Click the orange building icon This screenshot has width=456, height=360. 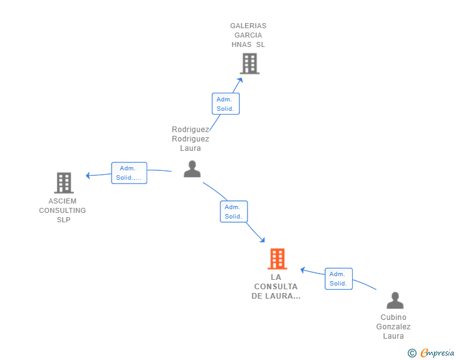[277, 259]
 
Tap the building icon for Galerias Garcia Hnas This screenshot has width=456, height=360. [250, 63]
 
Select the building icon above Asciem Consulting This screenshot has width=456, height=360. [64, 183]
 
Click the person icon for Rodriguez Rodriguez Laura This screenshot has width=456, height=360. [192, 169]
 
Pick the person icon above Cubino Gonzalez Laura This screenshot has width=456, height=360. [395, 301]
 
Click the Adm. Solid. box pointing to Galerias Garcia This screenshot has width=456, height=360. [225, 104]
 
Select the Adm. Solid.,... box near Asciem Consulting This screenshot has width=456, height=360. [129, 173]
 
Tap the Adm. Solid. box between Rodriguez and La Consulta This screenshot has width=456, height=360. [234, 212]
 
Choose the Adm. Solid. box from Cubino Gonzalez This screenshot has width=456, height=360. [338, 279]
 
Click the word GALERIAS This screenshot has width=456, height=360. [248, 26]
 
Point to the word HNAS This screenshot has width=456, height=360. [241, 44]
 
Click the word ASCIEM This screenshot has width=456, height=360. [62, 201]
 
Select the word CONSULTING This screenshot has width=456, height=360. [62, 210]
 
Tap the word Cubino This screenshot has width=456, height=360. [393, 317]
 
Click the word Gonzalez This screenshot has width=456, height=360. [393, 327]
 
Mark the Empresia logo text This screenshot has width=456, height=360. [437, 352]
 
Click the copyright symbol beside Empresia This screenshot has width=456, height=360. [412, 353]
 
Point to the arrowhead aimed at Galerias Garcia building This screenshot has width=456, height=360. [240, 80]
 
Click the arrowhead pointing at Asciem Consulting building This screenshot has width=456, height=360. [88, 175]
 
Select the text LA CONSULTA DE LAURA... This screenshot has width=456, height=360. [276, 287]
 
